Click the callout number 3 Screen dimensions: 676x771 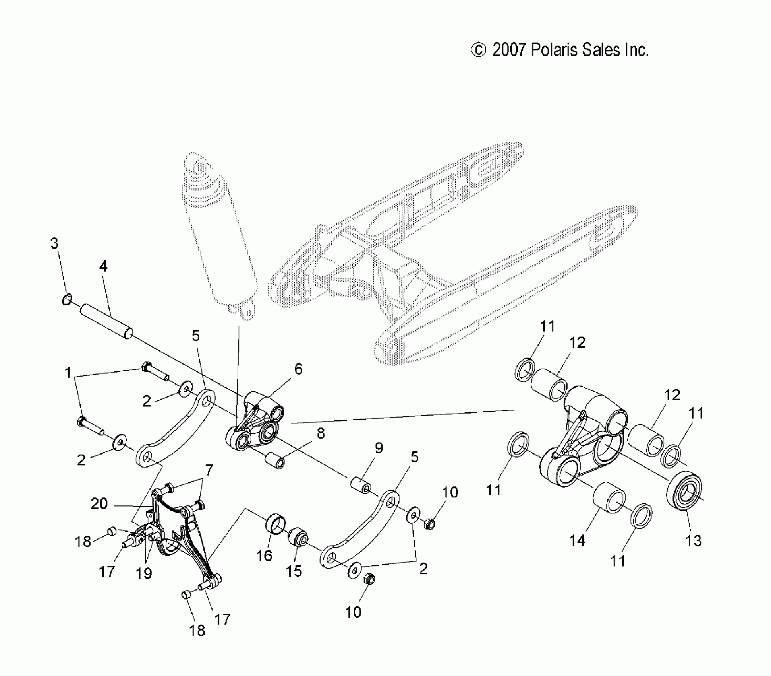point(54,243)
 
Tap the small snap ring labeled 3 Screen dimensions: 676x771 point(67,299)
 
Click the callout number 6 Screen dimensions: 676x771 point(298,369)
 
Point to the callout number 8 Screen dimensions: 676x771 point(321,433)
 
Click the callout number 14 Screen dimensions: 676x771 point(577,540)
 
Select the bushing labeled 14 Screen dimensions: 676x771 point(609,497)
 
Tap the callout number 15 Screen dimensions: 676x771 point(294,571)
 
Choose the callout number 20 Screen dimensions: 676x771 point(99,503)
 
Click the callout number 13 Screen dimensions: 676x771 point(694,540)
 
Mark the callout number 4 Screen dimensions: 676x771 point(103,266)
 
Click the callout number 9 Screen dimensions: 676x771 point(379,448)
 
